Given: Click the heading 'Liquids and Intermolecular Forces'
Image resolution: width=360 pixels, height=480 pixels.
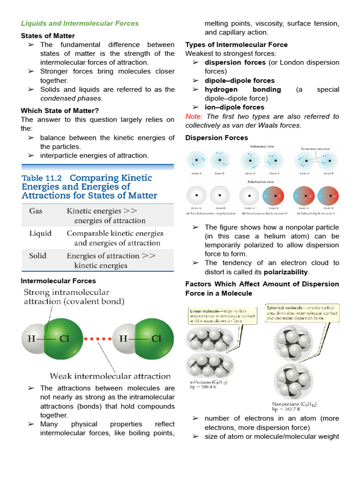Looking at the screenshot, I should tap(80, 23).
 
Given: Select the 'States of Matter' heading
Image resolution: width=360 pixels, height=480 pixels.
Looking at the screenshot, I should tap(48, 36).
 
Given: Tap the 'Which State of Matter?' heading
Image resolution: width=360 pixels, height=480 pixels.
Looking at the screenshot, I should tap(60, 111).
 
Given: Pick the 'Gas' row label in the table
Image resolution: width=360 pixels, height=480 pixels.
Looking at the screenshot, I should tap(36, 211).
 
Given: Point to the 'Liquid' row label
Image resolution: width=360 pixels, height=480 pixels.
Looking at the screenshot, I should tap(40, 233).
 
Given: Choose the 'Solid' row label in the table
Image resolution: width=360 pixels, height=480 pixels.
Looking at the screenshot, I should tap(38, 255).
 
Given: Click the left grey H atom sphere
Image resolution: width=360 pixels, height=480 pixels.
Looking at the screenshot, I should tap(33, 338).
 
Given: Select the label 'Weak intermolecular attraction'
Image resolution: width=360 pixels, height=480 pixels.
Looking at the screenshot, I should tap(110, 376).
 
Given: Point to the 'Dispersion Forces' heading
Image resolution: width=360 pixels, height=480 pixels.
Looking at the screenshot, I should tap(217, 138).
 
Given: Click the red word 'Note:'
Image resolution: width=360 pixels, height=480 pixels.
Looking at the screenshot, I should tap(194, 116).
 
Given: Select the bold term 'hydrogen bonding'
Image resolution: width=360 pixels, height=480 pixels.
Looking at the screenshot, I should tap(243, 90).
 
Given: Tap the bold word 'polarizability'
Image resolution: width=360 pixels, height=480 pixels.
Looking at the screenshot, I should tap(285, 272).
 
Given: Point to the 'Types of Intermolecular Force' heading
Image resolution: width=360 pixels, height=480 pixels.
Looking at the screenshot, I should tap(236, 45).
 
